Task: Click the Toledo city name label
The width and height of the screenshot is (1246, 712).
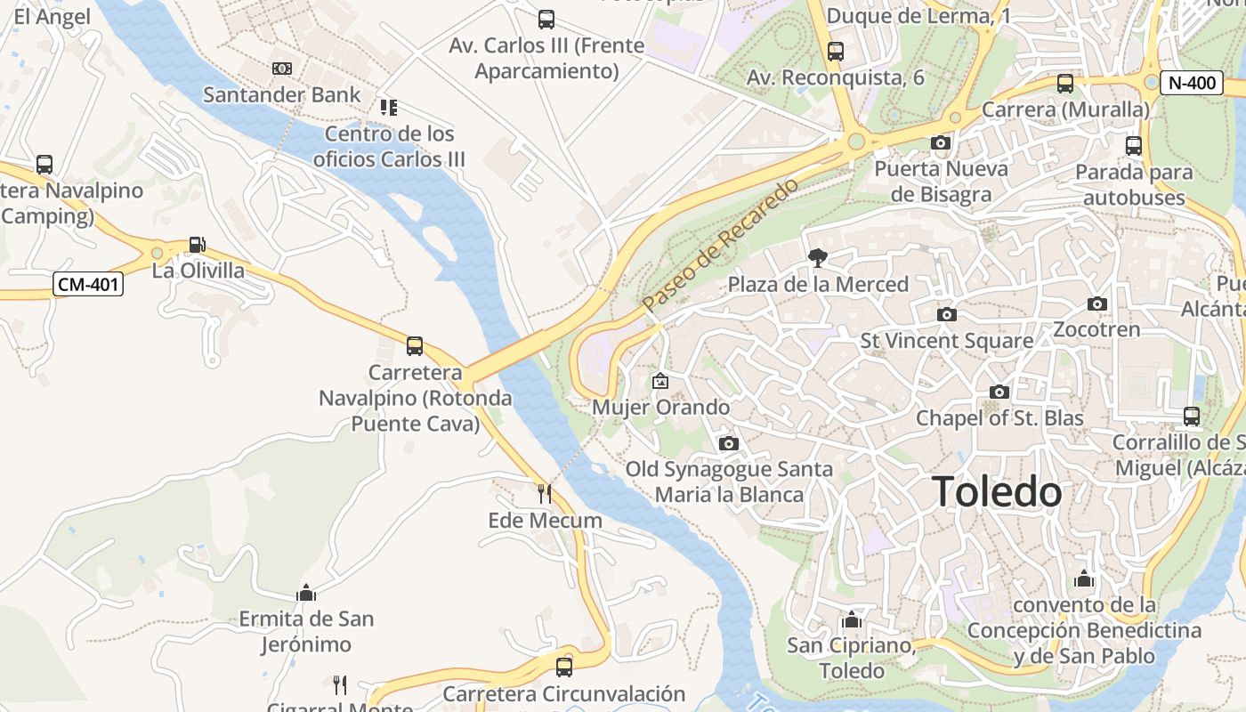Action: click(997, 492)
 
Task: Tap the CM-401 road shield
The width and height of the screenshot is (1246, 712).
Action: click(88, 285)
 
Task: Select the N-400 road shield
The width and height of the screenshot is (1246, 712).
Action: click(1192, 83)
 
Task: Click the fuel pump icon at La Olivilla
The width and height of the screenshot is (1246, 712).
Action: click(197, 245)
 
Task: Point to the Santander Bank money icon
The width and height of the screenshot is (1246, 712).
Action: click(281, 69)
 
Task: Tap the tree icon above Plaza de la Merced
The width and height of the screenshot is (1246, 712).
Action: click(816, 259)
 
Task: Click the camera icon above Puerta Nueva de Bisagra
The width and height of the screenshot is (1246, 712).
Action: click(940, 142)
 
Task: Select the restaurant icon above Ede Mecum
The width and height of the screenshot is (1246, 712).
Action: click(544, 494)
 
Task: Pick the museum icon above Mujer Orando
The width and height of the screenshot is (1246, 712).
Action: click(660, 381)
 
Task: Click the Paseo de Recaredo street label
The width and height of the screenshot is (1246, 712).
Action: click(722, 245)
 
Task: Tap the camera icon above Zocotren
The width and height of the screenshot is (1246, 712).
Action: click(1096, 304)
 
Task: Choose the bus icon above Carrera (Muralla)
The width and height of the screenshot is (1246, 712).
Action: click(1064, 84)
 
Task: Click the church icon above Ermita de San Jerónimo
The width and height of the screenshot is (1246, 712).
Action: click(306, 593)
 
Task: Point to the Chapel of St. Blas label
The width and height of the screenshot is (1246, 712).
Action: click(999, 418)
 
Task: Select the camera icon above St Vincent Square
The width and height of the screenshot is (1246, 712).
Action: click(947, 314)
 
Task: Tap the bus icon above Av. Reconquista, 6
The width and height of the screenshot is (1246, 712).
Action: click(835, 52)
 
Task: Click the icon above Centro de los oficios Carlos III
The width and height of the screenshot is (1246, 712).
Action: click(388, 108)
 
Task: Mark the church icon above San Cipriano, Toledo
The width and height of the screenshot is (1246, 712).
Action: click(851, 619)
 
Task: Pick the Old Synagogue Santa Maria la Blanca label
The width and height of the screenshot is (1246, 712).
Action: click(729, 481)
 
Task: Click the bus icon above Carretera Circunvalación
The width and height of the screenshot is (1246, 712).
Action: click(563, 667)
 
